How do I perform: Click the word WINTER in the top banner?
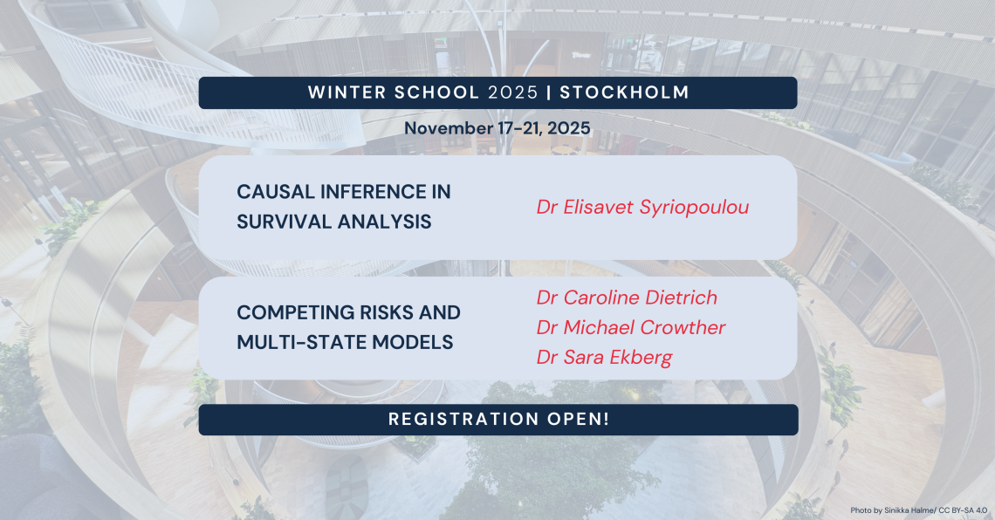(x=347, y=92)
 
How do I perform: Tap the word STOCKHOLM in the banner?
(x=624, y=92)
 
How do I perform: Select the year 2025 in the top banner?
(x=512, y=92)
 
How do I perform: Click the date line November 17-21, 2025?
(x=497, y=128)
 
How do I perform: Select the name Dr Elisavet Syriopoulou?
(x=642, y=208)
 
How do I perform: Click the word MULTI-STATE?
(x=301, y=342)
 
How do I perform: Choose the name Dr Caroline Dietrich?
(x=627, y=298)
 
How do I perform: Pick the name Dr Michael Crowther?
(x=631, y=327)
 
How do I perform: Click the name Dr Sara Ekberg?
(x=604, y=357)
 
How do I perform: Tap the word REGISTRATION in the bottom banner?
(x=463, y=419)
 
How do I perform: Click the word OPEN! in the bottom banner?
(x=578, y=419)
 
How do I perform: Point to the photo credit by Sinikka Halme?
(x=919, y=510)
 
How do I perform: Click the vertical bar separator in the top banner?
(x=549, y=92)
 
